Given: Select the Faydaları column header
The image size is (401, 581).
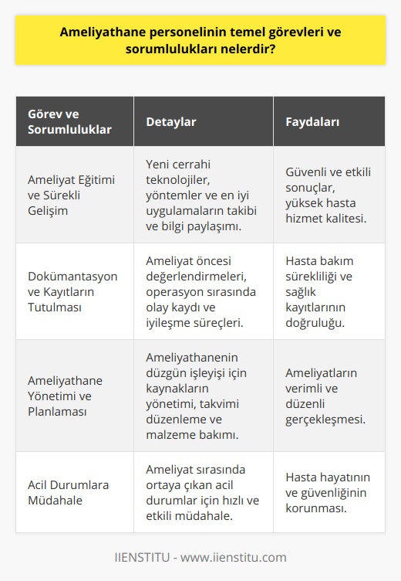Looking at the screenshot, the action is pos(313,121).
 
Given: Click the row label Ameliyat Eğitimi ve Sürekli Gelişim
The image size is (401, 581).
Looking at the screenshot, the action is pos(71,188).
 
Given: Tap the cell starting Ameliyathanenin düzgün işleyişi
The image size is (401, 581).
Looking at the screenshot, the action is pos(202,396).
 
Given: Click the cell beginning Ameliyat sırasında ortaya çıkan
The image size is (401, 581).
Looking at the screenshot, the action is pos(202,491).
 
